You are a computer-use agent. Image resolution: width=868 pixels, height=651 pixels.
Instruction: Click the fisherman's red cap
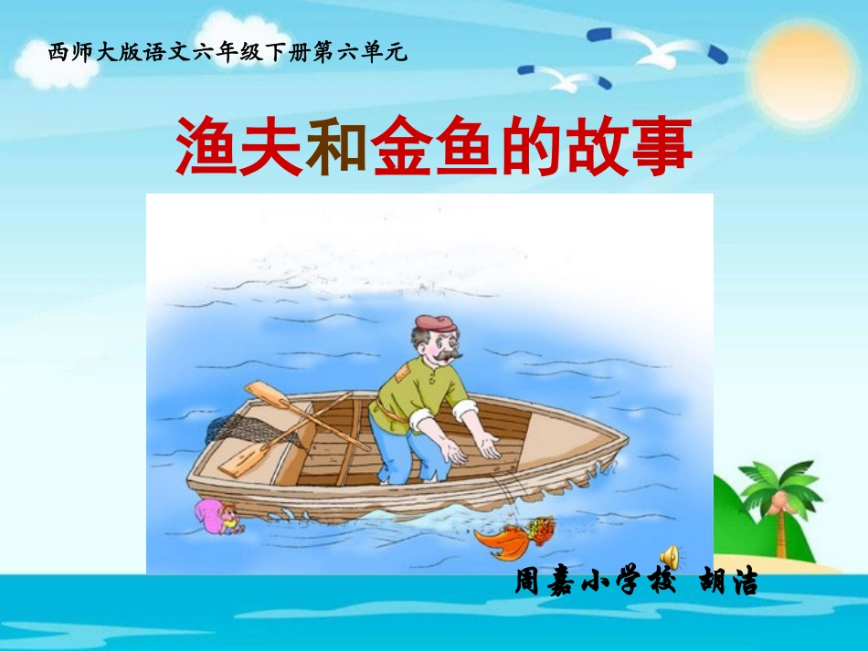click(434, 323)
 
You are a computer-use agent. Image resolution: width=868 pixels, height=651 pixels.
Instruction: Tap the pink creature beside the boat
click(217, 517)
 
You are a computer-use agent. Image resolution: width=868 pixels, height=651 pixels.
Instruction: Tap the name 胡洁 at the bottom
click(728, 583)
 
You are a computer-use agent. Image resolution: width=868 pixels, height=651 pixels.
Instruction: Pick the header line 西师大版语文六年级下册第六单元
click(228, 53)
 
